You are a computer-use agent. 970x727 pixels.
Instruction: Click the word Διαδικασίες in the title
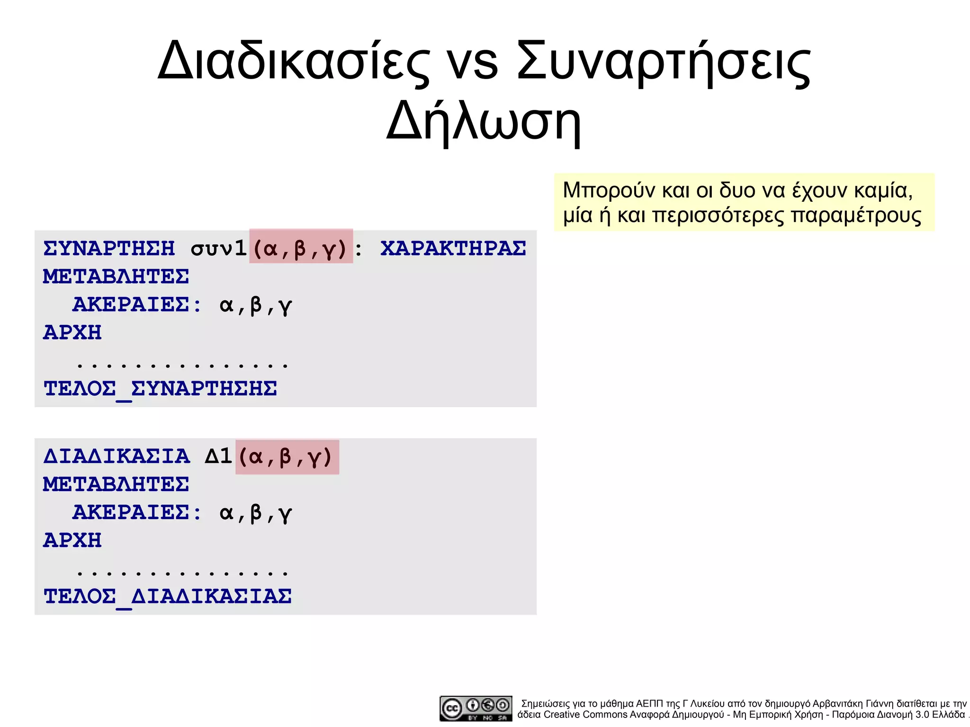(x=294, y=62)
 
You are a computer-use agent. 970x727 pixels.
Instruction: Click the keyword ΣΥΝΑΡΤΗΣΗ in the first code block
(x=109, y=248)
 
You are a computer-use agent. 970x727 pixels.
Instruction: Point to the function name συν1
(x=218, y=248)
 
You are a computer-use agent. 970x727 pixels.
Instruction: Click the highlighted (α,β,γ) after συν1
(x=301, y=247)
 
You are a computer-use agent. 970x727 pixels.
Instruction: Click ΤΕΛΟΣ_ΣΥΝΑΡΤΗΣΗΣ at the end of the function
(x=160, y=389)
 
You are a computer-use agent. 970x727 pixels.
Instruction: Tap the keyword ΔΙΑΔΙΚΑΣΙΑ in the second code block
(x=117, y=456)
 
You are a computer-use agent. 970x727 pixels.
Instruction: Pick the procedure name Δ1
(x=218, y=456)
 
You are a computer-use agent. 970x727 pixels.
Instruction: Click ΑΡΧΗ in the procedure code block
(x=72, y=540)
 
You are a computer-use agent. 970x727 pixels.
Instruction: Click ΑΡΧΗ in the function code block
(x=72, y=332)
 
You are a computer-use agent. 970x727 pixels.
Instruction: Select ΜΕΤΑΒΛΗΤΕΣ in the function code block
(x=116, y=277)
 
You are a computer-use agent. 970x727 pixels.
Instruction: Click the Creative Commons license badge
(x=476, y=708)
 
